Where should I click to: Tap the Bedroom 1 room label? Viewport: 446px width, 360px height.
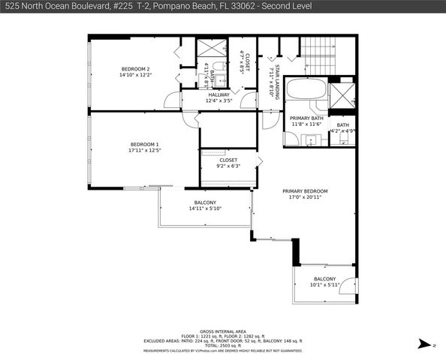coord(145,144)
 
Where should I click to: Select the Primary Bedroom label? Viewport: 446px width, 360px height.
coord(305,191)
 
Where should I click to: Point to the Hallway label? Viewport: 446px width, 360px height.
coord(218,95)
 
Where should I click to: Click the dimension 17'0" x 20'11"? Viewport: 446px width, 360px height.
coord(305,198)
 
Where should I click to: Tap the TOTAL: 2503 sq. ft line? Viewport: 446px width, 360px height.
coord(222,346)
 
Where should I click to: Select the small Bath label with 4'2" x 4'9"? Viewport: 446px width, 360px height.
coord(342,125)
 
